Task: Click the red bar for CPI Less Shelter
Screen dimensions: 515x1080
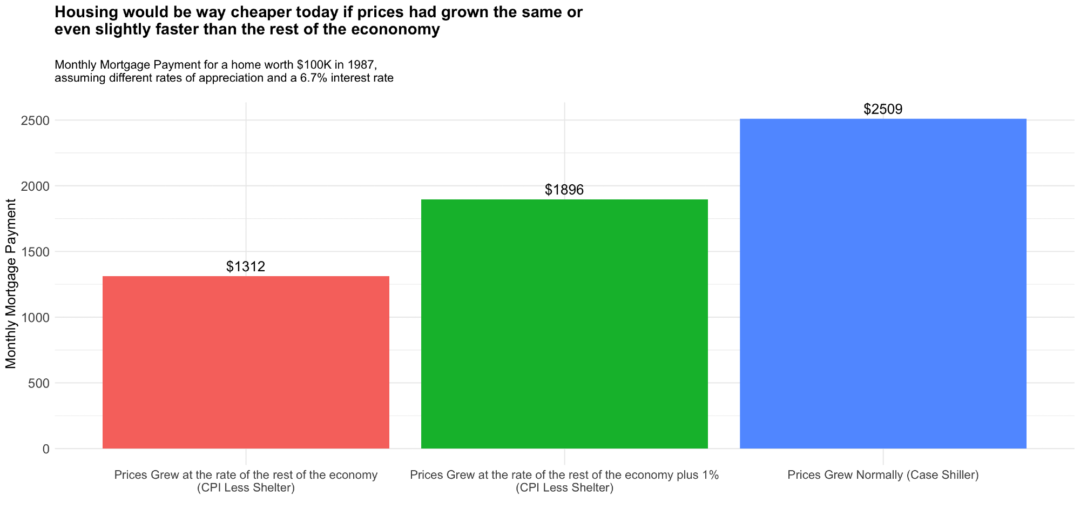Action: pos(246,362)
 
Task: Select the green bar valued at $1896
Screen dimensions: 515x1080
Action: pos(564,324)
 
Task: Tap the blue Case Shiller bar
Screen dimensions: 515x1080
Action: pos(883,284)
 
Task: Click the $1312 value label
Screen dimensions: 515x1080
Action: pos(246,266)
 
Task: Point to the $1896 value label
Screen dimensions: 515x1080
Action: pos(564,190)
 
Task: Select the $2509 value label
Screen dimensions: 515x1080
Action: pos(883,109)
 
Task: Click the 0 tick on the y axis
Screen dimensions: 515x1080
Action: pos(45,449)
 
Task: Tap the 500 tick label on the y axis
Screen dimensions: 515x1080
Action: pos(38,383)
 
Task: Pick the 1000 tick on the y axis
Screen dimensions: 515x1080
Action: pos(35,318)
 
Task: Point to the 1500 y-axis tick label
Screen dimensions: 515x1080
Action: pos(35,252)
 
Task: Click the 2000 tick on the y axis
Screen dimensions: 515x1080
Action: pos(35,186)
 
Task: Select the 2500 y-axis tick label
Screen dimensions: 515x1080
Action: pos(35,121)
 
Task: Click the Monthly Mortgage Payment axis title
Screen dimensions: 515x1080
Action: pos(11,284)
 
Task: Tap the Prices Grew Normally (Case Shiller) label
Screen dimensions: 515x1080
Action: pos(883,476)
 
